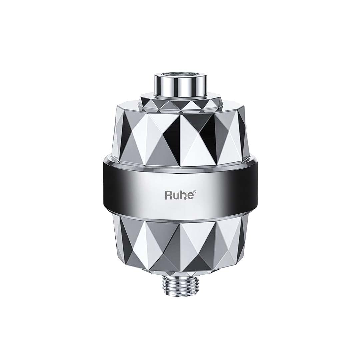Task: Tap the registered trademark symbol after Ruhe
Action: (x=191, y=192)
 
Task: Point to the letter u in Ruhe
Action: (x=175, y=196)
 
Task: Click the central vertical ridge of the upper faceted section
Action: (x=180, y=140)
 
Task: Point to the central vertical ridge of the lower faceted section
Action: (x=180, y=247)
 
